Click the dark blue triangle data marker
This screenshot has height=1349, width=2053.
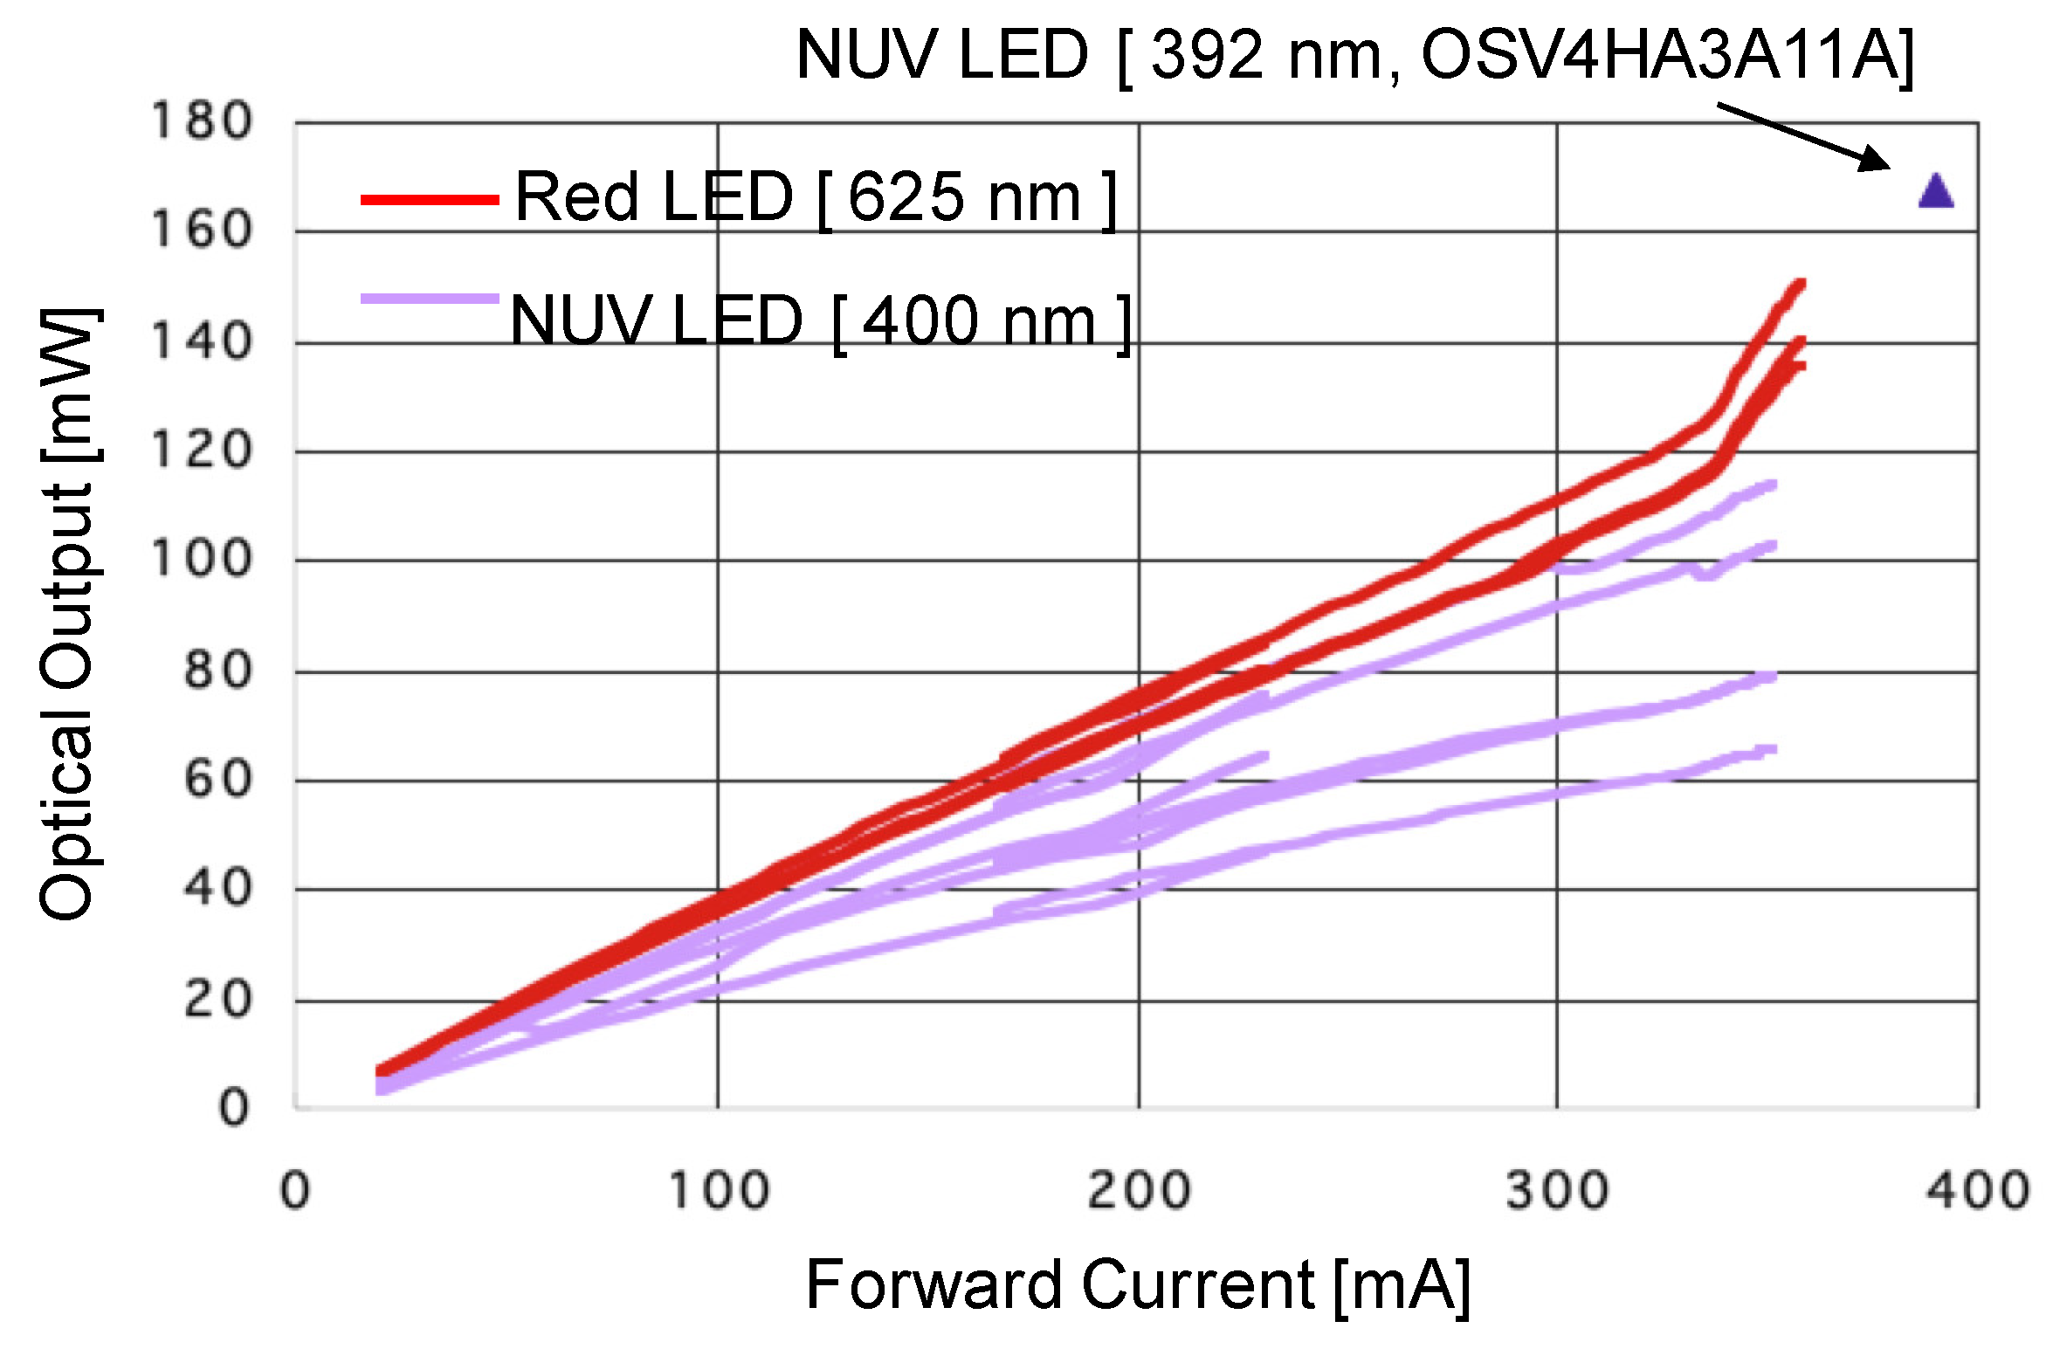[1935, 192]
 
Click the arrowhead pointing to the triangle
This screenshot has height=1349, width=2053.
[1877, 162]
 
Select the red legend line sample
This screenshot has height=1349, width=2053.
[430, 200]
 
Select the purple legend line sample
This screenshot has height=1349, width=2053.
[430, 299]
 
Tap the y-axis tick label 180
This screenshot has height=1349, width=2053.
[202, 121]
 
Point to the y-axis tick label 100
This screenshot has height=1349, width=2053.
[202, 559]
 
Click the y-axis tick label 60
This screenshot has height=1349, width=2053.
[217, 780]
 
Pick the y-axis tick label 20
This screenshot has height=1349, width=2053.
[217, 1000]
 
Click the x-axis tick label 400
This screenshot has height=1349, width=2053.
[1978, 1190]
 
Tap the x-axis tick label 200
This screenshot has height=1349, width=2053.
[1139, 1190]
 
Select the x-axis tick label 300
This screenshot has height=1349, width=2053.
[1557, 1190]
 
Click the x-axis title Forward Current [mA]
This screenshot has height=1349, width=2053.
[1138, 1285]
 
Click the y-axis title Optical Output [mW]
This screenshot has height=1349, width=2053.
[67, 614]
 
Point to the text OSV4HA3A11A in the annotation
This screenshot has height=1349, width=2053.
[1659, 55]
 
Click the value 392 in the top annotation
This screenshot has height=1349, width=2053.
[1207, 55]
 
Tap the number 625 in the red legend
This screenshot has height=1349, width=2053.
[905, 197]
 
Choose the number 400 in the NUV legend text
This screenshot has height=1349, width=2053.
[920, 321]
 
